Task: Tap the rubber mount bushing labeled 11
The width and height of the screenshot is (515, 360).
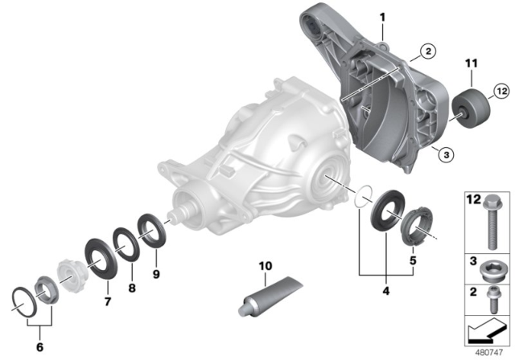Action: click(x=472, y=107)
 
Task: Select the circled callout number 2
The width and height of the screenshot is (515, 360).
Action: click(x=428, y=51)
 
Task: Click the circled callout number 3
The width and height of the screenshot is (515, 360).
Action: click(x=446, y=154)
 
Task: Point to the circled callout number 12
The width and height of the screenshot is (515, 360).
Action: click(x=501, y=91)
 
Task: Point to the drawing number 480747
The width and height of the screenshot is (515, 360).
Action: click(x=489, y=353)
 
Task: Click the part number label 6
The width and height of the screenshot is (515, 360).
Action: click(x=39, y=347)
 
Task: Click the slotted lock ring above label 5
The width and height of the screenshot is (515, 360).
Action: click(x=417, y=227)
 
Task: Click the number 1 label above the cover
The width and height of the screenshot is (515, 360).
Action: click(x=382, y=18)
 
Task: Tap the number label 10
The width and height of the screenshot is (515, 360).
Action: click(x=266, y=266)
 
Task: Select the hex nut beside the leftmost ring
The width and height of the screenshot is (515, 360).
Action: click(x=47, y=289)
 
